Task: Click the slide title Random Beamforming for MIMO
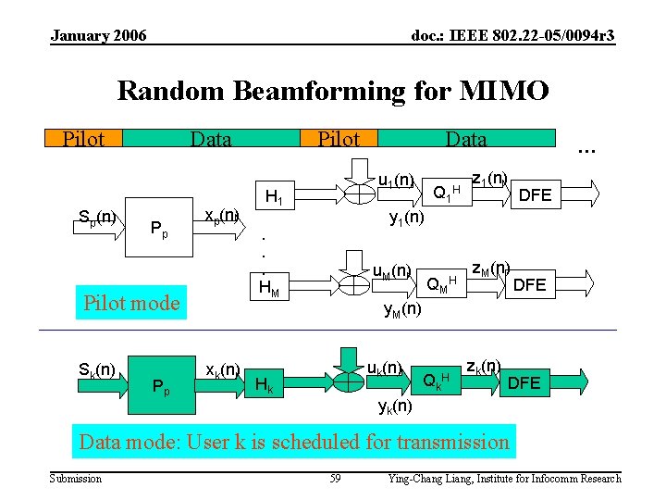pyautogui.click(x=333, y=91)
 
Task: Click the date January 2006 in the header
pyautogui.click(x=98, y=35)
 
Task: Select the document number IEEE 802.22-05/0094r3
pyautogui.click(x=512, y=35)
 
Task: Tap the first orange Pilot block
pyautogui.click(x=83, y=139)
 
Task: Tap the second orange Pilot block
pyautogui.click(x=339, y=139)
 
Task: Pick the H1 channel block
pyautogui.click(x=275, y=196)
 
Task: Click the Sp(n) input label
pyautogui.click(x=96, y=219)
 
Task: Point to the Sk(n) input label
pyautogui.click(x=96, y=370)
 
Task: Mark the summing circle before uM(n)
pyautogui.click(x=352, y=283)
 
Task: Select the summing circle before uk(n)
pyautogui.click(x=350, y=378)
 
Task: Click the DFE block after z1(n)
pyautogui.click(x=535, y=194)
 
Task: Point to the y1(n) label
pyautogui.click(x=407, y=219)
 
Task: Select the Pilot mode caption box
pyautogui.click(x=131, y=303)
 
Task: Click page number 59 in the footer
pyautogui.click(x=336, y=479)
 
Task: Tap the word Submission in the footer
pyautogui.click(x=76, y=479)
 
